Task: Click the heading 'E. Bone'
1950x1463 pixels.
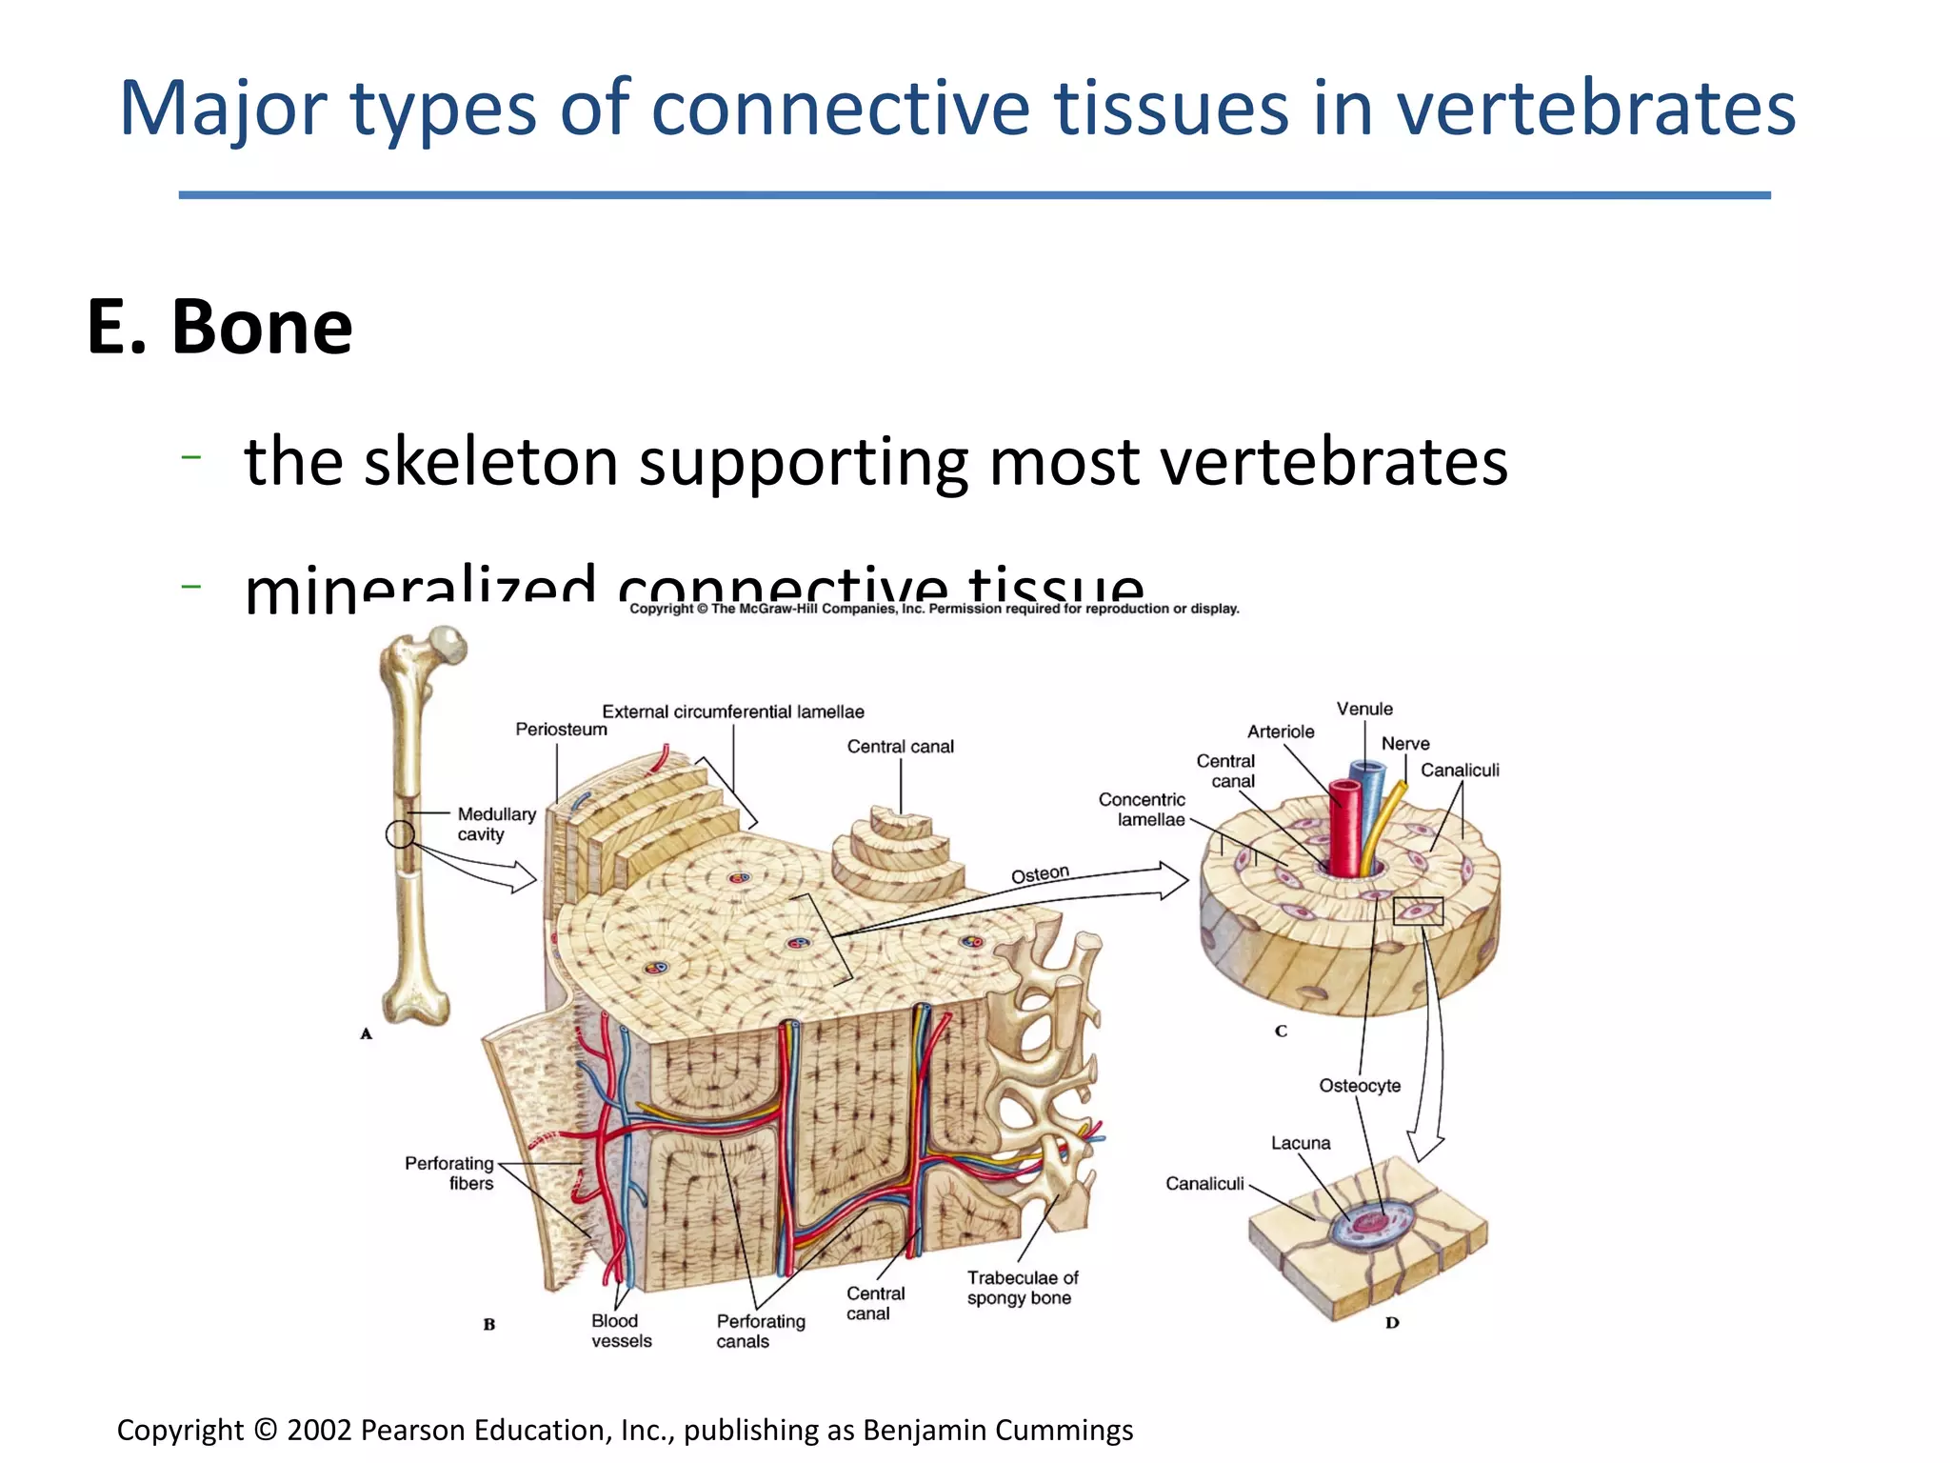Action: (220, 327)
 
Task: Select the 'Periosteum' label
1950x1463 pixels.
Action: (561, 730)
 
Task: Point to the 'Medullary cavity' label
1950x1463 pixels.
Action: (495, 824)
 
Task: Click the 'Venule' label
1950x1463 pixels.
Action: (1363, 709)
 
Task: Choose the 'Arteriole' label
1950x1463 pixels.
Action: (1280, 731)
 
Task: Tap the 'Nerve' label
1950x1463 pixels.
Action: (1404, 744)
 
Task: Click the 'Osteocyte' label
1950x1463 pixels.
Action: (1359, 1086)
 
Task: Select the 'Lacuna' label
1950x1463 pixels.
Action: (1300, 1143)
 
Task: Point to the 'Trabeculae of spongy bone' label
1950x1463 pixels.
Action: (1022, 1288)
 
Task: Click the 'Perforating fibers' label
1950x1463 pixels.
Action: (449, 1173)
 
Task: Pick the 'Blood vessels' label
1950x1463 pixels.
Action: (621, 1331)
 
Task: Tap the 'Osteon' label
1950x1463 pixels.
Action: (1040, 874)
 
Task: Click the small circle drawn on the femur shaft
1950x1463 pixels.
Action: (400, 834)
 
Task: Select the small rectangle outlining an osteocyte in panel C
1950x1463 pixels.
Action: (1418, 912)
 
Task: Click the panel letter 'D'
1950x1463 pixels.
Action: (1391, 1322)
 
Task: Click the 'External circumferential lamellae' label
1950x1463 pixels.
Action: (732, 711)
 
